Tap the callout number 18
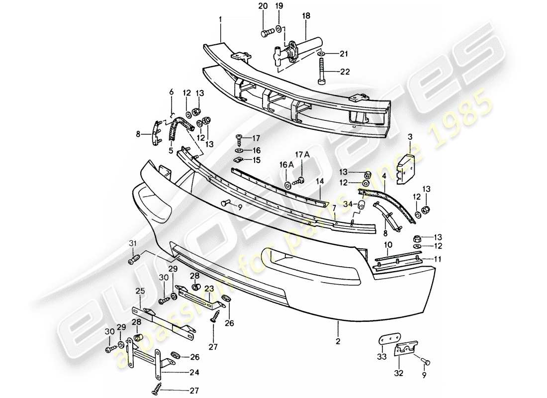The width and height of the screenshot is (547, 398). coord(305,16)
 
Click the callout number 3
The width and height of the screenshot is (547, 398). coord(410,136)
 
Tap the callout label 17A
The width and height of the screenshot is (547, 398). coord(304,155)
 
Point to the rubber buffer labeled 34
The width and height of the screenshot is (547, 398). coord(362,203)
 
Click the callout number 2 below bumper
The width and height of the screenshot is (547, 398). coord(338,341)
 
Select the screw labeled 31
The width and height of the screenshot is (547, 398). coord(136,259)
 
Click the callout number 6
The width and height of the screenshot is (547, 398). coord(172,92)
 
